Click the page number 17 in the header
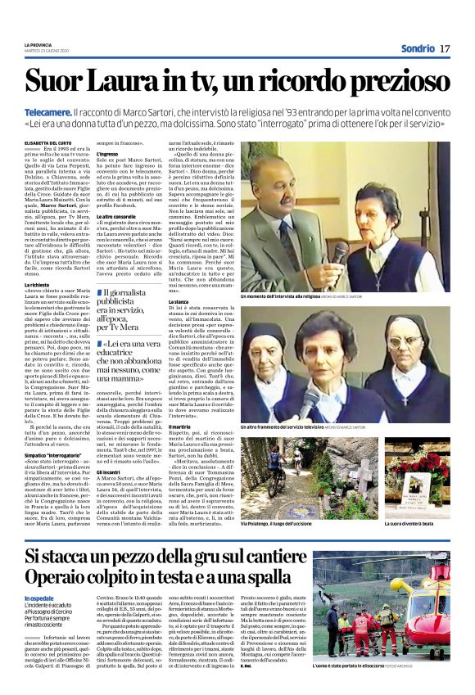pyautogui.click(x=445, y=48)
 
